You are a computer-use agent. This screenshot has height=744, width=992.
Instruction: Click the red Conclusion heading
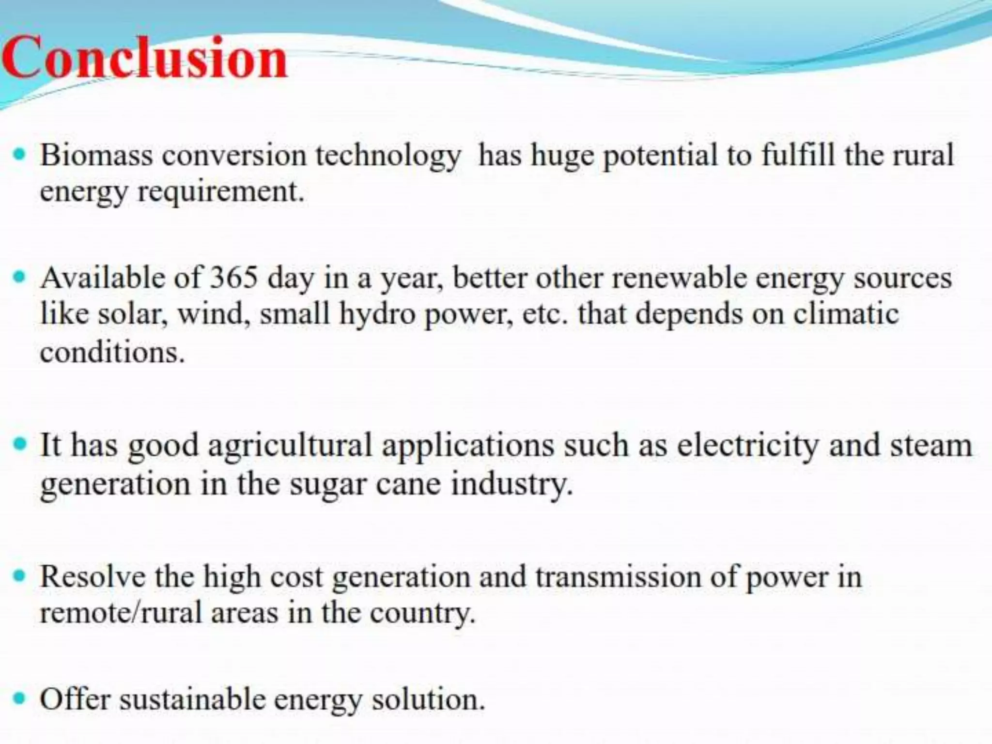pyautogui.click(x=144, y=58)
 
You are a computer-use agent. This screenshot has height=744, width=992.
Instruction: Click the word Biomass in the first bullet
pyautogui.click(x=96, y=155)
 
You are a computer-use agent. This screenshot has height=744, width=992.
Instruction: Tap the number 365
pyautogui.click(x=233, y=279)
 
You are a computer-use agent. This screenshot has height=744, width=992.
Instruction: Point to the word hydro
pyautogui.click(x=377, y=314)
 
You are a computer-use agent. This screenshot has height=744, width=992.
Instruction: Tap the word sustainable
pyautogui.click(x=192, y=700)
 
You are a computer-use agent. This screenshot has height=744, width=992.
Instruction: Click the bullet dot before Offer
pyautogui.click(x=19, y=699)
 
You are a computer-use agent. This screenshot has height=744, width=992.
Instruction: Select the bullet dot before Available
pyautogui.click(x=19, y=278)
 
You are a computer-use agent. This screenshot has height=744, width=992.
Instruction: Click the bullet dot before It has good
pyautogui.click(x=19, y=444)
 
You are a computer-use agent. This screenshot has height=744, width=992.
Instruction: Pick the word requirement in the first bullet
pyautogui.click(x=221, y=192)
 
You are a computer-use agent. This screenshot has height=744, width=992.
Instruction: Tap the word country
pyautogui.click(x=422, y=614)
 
